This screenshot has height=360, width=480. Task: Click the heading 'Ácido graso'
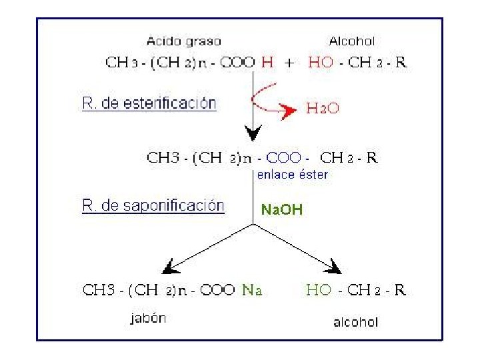185,41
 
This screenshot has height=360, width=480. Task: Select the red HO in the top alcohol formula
321,64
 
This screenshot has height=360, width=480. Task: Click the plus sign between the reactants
289,64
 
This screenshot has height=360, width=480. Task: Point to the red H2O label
323,109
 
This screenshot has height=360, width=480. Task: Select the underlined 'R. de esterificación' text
149,104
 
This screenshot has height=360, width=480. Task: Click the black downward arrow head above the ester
252,133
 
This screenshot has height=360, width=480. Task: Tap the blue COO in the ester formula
283,158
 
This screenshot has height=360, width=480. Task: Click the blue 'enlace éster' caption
292,175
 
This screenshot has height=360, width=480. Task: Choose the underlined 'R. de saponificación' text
153,205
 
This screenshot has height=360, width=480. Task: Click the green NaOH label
281,210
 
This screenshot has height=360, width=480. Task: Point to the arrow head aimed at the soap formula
173,266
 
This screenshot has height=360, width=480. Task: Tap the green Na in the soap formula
252,290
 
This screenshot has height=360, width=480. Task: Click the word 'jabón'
147,318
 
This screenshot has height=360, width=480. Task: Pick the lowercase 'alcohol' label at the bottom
355,322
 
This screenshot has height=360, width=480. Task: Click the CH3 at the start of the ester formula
161,158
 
